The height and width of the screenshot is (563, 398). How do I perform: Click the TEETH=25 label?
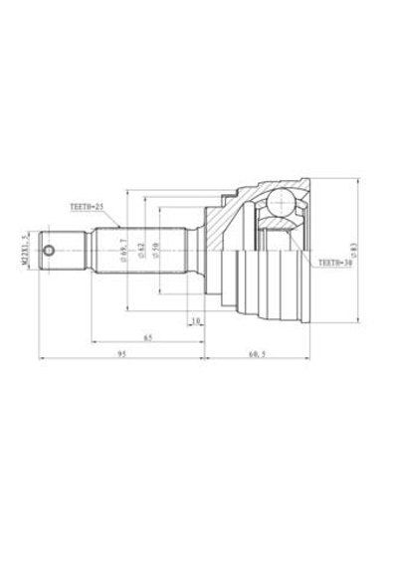point(87,209)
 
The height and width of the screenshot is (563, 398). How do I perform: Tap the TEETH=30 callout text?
point(335,265)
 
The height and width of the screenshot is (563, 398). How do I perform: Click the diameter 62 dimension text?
point(142,249)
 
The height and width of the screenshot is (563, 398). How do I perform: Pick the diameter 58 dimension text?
point(156,249)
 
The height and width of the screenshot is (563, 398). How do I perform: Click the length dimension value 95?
point(121,353)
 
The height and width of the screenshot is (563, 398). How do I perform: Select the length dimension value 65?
point(146,338)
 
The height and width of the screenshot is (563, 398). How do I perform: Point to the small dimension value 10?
point(195,320)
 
